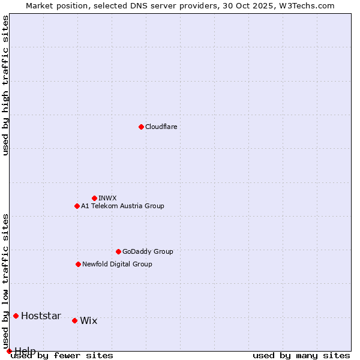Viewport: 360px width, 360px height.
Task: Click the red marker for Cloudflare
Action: pos(141,127)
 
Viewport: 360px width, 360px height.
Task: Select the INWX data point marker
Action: pos(94,198)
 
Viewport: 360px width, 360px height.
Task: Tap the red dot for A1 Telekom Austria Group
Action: pos(77,206)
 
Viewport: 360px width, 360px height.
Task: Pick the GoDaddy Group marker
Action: pos(118,251)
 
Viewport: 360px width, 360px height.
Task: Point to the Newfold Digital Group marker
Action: pos(78,264)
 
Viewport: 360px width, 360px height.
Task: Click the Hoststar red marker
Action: pos(16,316)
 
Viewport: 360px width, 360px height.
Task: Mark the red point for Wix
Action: pos(74,320)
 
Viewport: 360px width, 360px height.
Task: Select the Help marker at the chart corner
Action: pos(9,351)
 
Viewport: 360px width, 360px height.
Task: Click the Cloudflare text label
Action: pos(161,127)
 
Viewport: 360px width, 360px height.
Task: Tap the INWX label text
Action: pos(107,198)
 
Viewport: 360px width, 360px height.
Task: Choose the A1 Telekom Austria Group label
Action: pos(122,206)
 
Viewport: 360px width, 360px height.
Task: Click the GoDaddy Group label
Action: pos(148,251)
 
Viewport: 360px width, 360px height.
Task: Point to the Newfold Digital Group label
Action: pos(117,264)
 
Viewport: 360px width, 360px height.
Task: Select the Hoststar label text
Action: pos(41,316)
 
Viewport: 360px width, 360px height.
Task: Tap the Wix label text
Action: pos(88,321)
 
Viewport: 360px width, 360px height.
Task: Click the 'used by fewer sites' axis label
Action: pos(62,356)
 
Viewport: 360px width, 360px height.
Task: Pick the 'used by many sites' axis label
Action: pos(301,356)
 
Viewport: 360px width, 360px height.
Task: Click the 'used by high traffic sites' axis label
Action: pos(6,85)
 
